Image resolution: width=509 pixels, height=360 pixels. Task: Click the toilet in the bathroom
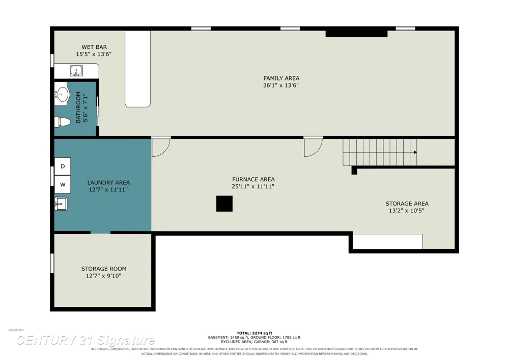62,122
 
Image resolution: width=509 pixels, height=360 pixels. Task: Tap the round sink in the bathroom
62,94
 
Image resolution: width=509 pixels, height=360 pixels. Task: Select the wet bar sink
76,70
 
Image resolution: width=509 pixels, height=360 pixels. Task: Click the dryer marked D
62,166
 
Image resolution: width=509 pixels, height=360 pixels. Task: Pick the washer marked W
62,185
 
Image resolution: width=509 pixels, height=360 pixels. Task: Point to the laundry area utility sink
61,204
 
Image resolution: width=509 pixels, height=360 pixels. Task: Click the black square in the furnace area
224,204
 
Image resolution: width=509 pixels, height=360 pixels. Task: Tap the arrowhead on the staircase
415,152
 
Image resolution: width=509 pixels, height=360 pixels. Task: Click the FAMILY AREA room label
281,78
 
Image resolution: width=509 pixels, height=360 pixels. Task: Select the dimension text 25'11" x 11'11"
253,186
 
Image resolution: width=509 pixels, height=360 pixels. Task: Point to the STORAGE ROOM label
104,269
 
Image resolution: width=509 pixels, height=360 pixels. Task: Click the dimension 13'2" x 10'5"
407,211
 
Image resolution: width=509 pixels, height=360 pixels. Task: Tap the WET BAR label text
94,47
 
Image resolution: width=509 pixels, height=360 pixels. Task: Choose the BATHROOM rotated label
78,107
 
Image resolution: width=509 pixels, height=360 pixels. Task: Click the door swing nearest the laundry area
161,147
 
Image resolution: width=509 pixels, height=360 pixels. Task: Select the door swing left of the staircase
313,147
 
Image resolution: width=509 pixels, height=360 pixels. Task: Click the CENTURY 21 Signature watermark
86,340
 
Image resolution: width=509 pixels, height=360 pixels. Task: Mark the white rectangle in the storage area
387,241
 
